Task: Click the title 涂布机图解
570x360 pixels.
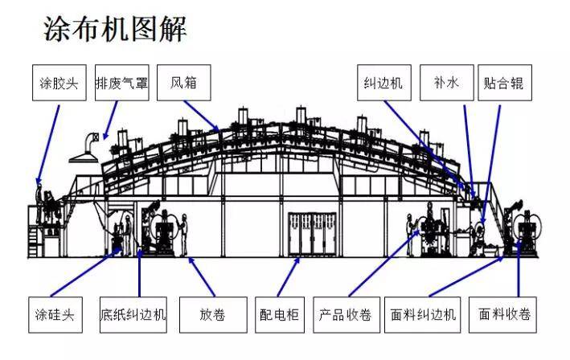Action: coord(114,30)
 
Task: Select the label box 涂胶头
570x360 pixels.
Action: coord(59,84)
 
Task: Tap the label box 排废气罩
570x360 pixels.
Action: coord(121,84)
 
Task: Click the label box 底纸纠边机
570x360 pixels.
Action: coord(133,314)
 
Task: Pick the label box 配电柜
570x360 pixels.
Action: coord(278,314)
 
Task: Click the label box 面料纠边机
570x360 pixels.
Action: coord(422,314)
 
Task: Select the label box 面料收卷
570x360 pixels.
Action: coord(504,314)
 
